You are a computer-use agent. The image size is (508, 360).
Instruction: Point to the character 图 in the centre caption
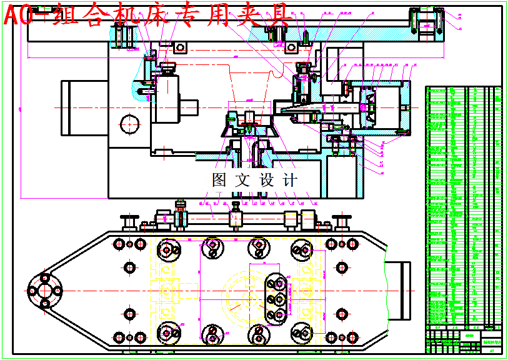coord(220,181)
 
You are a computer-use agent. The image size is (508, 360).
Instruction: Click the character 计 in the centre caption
coord(291,181)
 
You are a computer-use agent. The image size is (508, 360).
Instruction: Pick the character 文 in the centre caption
coord(242,181)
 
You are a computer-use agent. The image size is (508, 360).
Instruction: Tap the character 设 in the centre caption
coord(267,181)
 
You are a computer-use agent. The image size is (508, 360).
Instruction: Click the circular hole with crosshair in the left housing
coord(130,123)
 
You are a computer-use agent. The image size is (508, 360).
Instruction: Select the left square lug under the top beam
coord(181,47)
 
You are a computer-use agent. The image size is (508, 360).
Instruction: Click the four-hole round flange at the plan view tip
coord(44,291)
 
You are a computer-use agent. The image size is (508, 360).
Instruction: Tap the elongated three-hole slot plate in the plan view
coord(275,299)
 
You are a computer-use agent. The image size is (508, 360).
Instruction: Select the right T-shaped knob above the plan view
coord(341,221)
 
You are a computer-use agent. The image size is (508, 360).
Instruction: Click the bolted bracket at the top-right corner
coord(427,26)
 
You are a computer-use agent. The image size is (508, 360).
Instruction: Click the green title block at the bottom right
coord(464,341)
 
